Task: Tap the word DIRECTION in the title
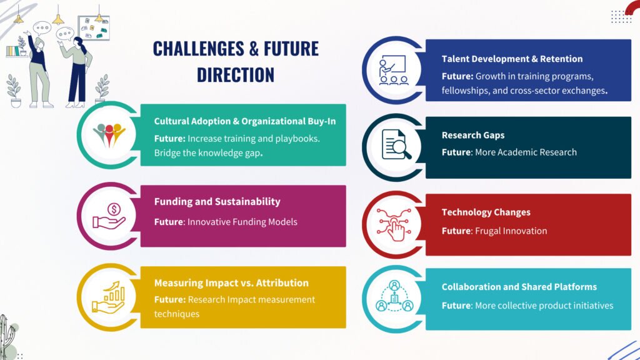(236, 75)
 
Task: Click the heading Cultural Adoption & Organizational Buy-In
(245, 121)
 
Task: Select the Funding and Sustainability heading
(217, 202)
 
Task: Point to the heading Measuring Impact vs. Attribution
(231, 283)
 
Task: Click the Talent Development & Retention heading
(512, 59)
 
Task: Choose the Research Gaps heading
(473, 135)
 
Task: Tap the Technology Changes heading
(486, 212)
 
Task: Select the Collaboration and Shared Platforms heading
(519, 287)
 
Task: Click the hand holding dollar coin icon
(109, 216)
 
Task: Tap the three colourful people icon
(109, 135)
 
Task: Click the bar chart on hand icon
(109, 297)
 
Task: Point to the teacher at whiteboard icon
(392, 70)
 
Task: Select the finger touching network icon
(394, 224)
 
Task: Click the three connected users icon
(394, 296)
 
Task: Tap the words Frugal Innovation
(511, 231)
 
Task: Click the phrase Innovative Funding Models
(242, 222)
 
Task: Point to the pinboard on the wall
(94, 28)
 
